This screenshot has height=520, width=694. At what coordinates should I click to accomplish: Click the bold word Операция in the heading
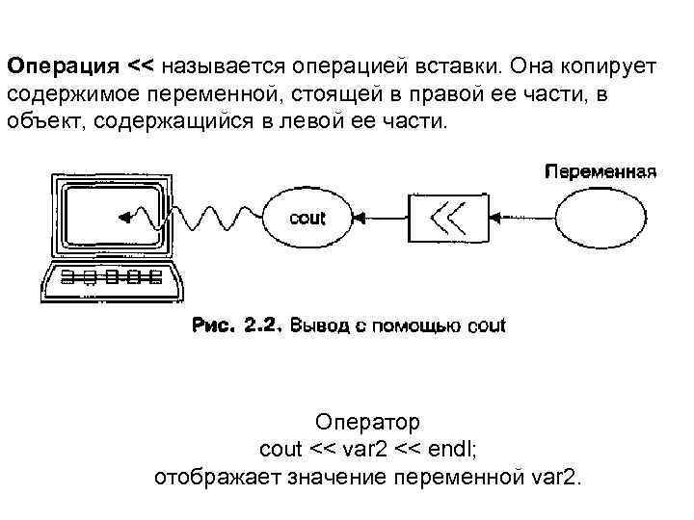[x=64, y=67]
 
